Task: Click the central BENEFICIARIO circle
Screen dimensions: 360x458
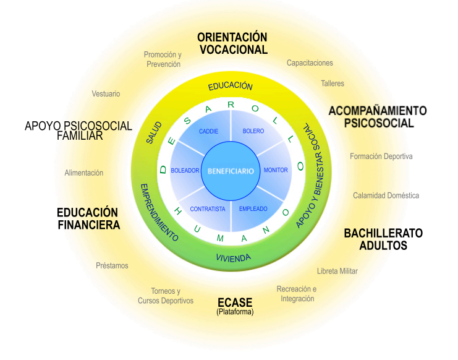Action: (x=231, y=170)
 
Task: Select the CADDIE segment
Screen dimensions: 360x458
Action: (x=209, y=132)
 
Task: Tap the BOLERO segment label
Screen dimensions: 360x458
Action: (x=253, y=132)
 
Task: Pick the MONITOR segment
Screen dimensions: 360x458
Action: (x=276, y=170)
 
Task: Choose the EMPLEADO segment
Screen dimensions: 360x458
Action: (x=253, y=209)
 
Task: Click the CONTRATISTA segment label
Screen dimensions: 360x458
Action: (x=208, y=209)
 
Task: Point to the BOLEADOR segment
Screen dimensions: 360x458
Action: (x=185, y=170)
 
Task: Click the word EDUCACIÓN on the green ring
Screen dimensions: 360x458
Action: (x=230, y=86)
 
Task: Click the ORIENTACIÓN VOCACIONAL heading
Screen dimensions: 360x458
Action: (x=232, y=44)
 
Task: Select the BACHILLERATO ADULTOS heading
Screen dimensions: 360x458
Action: (x=383, y=239)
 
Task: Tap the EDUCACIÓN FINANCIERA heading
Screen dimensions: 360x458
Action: (x=88, y=218)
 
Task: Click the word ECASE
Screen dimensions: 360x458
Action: (x=235, y=302)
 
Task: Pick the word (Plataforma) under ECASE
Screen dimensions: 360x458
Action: (x=235, y=312)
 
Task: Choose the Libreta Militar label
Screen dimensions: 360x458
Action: (x=337, y=271)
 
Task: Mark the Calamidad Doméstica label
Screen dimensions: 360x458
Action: (x=386, y=195)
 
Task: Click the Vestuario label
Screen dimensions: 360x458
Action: (x=106, y=94)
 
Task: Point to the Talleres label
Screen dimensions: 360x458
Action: (x=333, y=84)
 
